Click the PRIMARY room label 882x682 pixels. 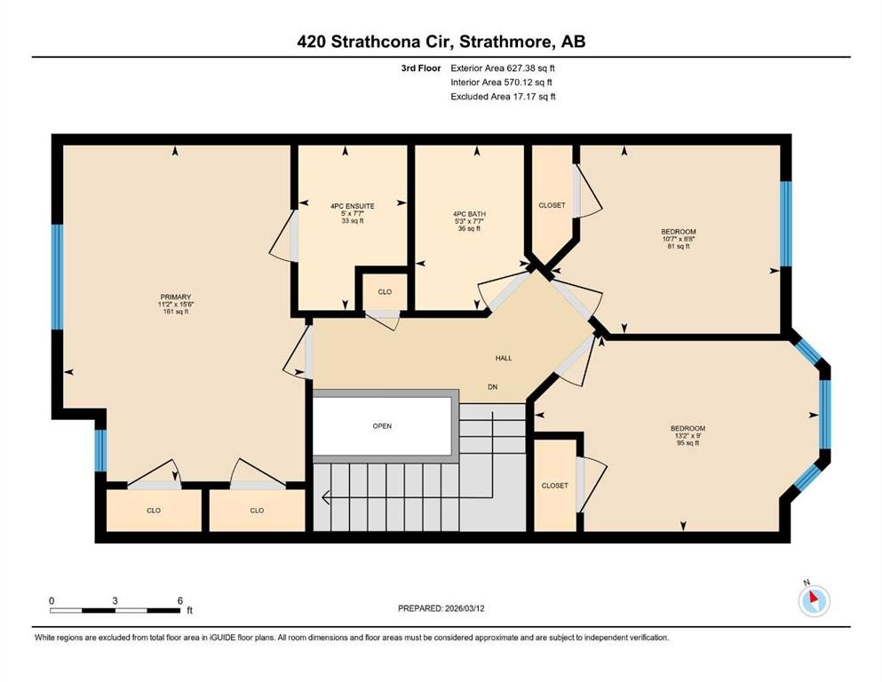[175, 297]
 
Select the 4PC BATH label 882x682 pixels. [469, 214]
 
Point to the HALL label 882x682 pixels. [504, 358]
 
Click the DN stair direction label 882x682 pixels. [491, 386]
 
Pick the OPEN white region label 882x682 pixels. [382, 425]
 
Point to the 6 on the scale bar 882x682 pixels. [180, 600]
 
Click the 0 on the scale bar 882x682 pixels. [52, 600]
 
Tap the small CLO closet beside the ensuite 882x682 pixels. [385, 292]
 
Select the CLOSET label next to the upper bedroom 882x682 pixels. [552, 205]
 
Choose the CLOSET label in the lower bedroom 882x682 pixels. [554, 486]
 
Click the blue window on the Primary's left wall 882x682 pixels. [57, 276]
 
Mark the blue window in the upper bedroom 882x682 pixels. [785, 224]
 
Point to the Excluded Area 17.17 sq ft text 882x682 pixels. [503, 97]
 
